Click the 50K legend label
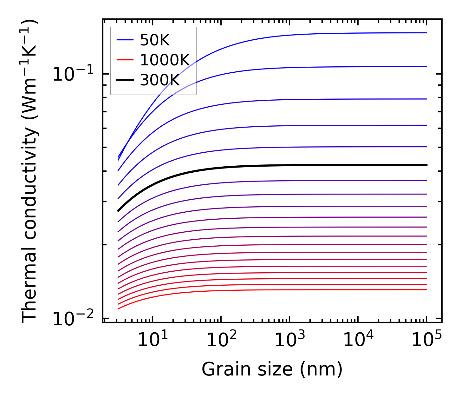[x=155, y=40]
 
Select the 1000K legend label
[x=165, y=60]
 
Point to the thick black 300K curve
[x=285, y=165]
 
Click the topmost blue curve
[x=317, y=34]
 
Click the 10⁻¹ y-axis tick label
[x=73, y=75]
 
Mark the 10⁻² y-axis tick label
[x=73, y=319]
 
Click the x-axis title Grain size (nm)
[x=272, y=370]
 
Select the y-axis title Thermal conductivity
[x=30, y=171]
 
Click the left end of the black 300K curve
[x=118, y=210]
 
